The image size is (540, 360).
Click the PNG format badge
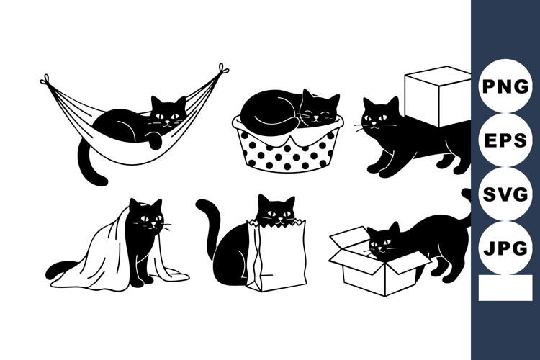pyautogui.click(x=505, y=86)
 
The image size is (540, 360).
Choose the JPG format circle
pyautogui.click(x=505, y=248)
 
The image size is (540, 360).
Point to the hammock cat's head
pyautogui.click(x=167, y=114)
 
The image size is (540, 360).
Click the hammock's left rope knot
pyautogui.click(x=45, y=80)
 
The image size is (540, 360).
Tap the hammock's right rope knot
pyautogui.click(x=222, y=70)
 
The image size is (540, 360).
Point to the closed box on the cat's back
pyautogui.click(x=437, y=90)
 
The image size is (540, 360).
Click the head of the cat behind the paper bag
pyautogui.click(x=277, y=211)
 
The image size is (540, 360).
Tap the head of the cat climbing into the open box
pyautogui.click(x=383, y=241)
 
